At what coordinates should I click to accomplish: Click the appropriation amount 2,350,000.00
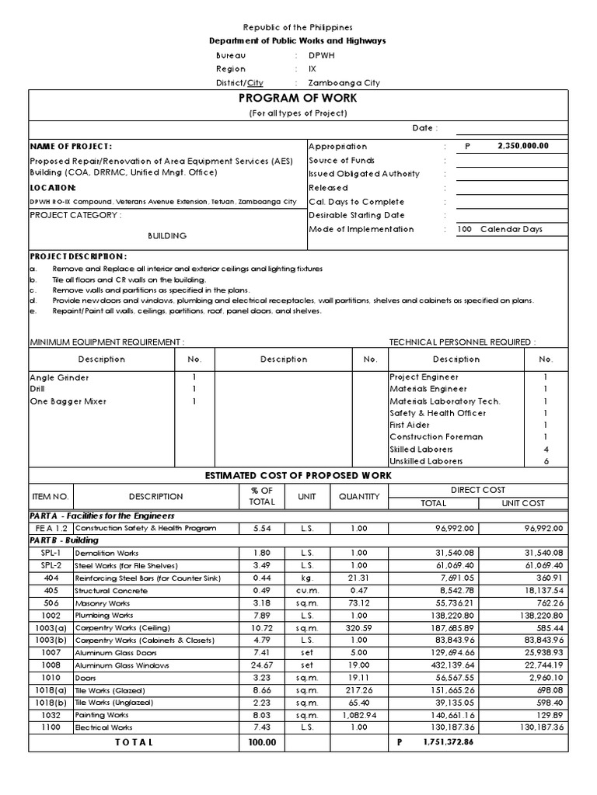518,145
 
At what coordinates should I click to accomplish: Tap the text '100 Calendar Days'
501,229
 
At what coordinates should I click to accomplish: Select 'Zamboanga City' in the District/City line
344,83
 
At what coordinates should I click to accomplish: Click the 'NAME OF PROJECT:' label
71,146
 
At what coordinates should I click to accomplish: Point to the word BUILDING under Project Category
167,236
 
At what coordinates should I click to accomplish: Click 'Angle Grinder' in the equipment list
59,377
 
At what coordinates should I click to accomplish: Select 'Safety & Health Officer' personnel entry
438,413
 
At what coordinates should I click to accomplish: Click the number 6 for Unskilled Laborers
546,461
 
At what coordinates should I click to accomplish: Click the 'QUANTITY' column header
358,496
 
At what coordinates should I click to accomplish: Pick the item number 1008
51,665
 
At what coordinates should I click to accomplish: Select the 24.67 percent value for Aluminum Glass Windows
263,665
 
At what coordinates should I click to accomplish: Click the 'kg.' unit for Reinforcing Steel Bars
303,578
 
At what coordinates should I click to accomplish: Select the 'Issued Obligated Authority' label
364,174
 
